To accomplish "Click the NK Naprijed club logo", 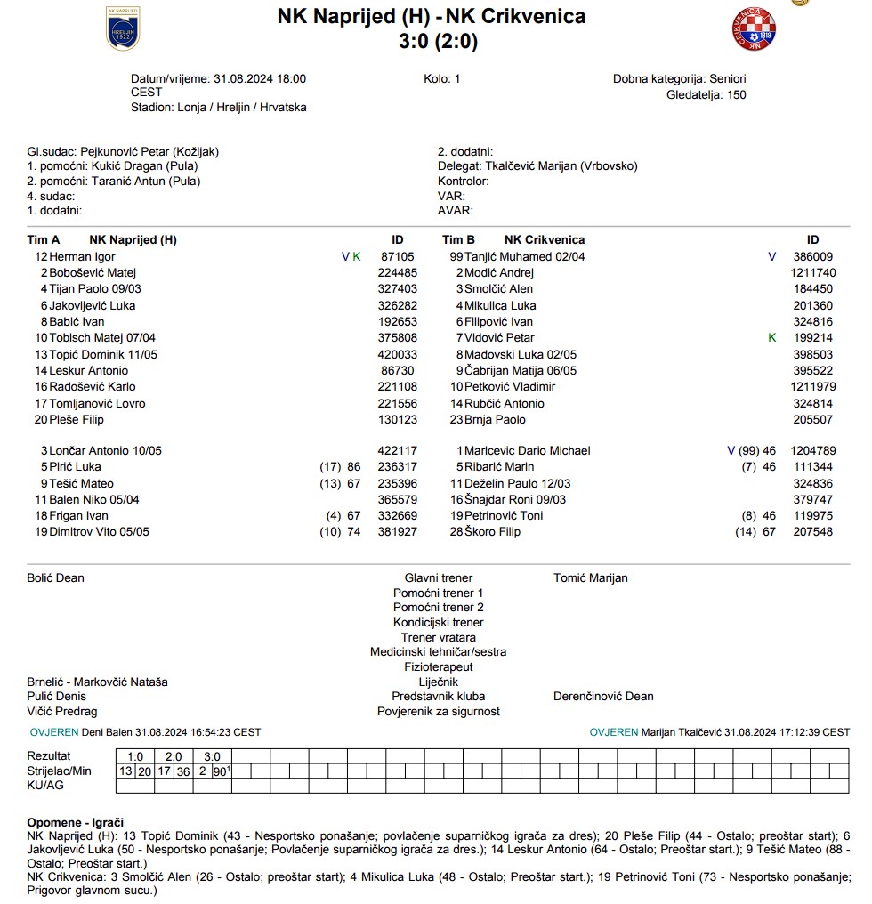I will pyautogui.click(x=123, y=28).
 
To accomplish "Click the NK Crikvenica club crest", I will pyautogui.click(x=753, y=29).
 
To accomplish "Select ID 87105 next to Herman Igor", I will pyautogui.click(x=398, y=256).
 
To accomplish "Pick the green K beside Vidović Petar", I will pyautogui.click(x=772, y=338).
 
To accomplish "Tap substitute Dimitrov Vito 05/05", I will pyautogui.click(x=99, y=531).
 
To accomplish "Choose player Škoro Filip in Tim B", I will pyautogui.click(x=492, y=531).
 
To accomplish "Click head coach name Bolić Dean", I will pyautogui.click(x=56, y=577).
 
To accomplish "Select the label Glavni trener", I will pyautogui.click(x=439, y=577).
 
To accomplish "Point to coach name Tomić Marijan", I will pyautogui.click(x=590, y=577).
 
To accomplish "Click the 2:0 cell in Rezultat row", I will pyautogui.click(x=174, y=756).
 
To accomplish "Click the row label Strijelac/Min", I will pyautogui.click(x=60, y=771).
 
